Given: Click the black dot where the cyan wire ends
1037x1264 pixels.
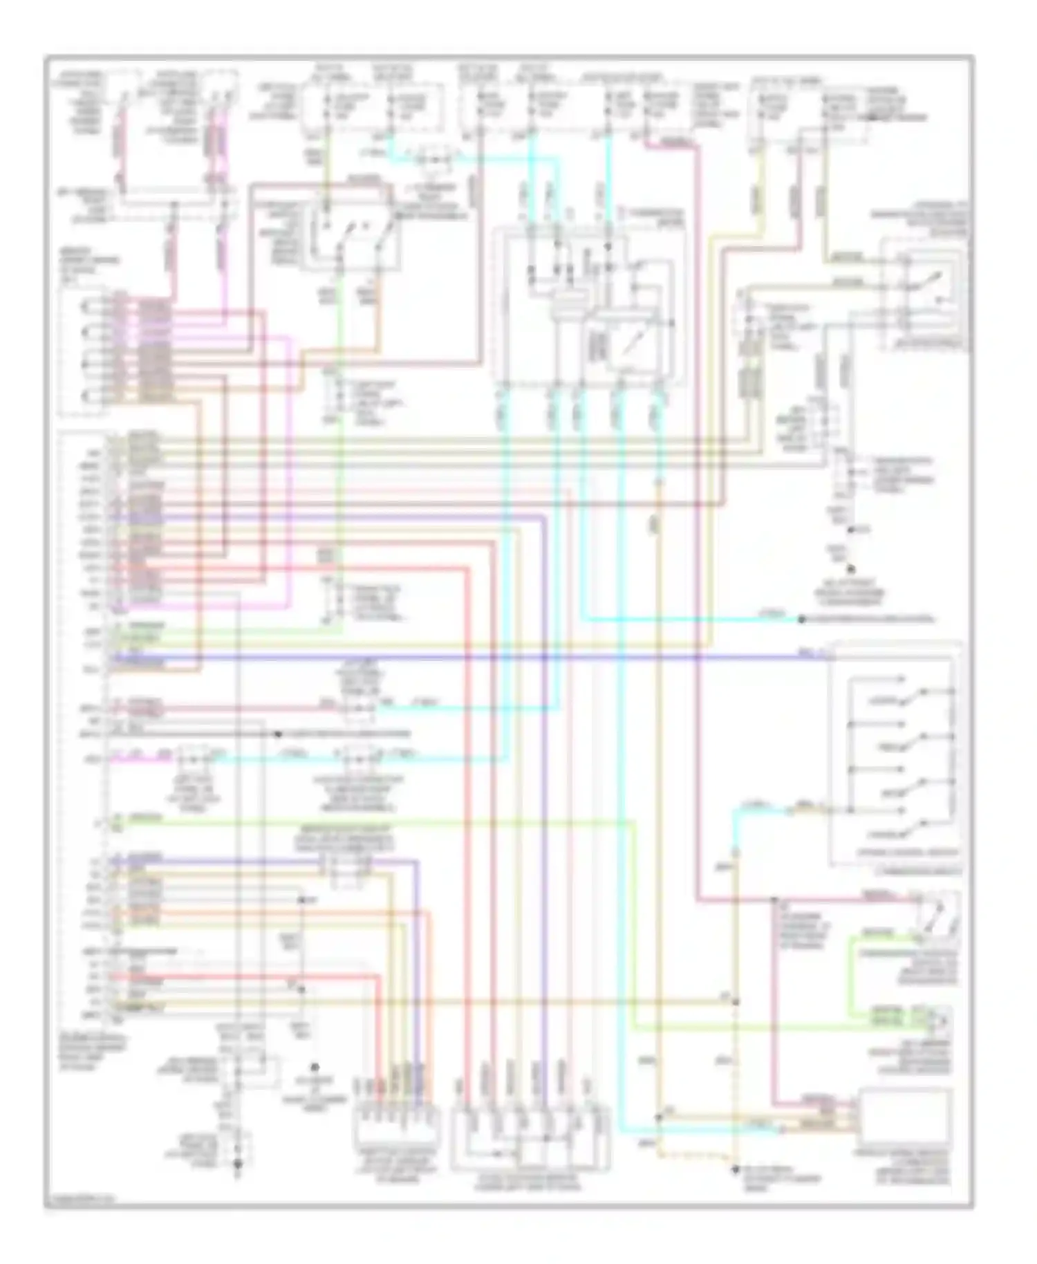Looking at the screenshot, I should (x=802, y=620).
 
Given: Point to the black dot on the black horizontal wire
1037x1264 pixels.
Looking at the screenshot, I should (x=277, y=734).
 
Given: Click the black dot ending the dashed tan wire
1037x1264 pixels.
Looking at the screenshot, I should (x=734, y=1168).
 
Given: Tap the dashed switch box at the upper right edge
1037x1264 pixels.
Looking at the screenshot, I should (x=923, y=294).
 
